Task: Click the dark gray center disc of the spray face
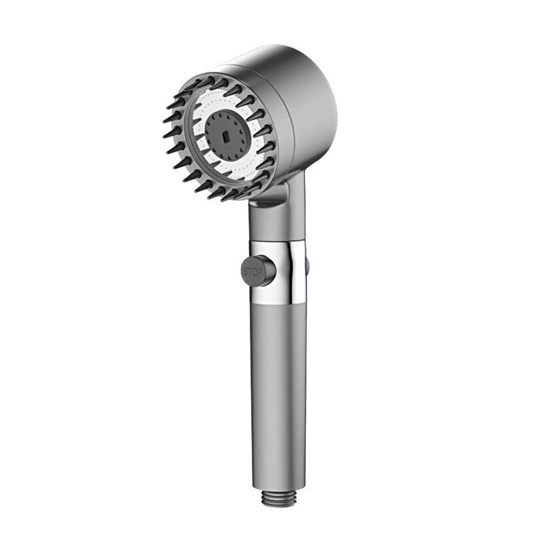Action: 224,132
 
